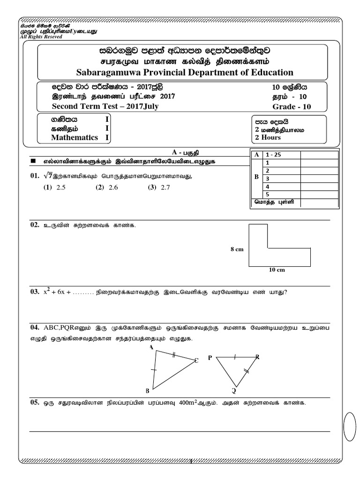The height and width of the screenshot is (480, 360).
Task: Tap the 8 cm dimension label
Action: (x=237, y=250)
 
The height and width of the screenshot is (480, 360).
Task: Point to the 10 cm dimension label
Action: (x=278, y=270)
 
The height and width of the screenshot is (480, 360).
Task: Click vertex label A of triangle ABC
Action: (x=151, y=347)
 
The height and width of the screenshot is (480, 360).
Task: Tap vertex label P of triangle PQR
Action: (x=210, y=358)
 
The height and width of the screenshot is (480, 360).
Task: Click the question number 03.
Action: (x=34, y=292)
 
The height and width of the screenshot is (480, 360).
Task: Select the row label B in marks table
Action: (x=256, y=178)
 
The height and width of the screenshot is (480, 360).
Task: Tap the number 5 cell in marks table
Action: (x=267, y=194)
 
